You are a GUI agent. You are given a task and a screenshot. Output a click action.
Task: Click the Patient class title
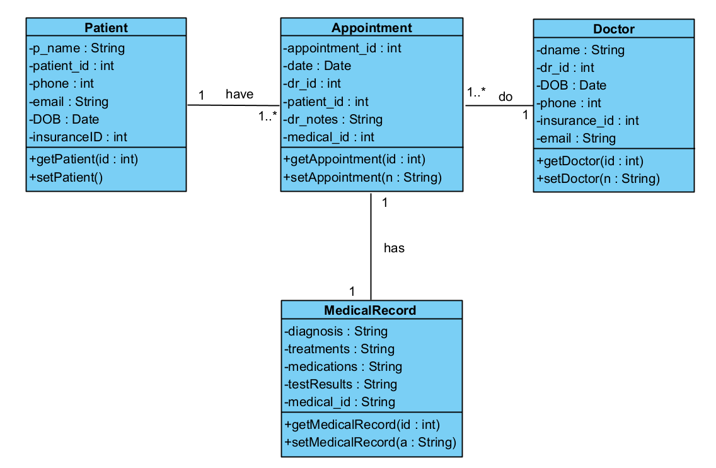tap(106, 27)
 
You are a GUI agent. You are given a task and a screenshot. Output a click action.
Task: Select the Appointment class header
tap(371, 27)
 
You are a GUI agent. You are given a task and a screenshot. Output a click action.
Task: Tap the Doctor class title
tap(613, 29)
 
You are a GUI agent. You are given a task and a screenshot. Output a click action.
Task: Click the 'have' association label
tap(240, 94)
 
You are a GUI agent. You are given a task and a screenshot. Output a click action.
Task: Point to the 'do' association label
tap(505, 97)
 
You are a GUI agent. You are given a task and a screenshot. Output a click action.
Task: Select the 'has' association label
tap(394, 248)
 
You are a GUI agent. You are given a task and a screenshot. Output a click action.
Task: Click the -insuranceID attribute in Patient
tap(78, 137)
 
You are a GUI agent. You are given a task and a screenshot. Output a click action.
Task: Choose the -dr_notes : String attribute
tap(333, 119)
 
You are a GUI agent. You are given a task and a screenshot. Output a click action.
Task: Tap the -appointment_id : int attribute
tap(342, 48)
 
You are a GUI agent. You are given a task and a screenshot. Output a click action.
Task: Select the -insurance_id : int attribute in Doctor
tap(587, 120)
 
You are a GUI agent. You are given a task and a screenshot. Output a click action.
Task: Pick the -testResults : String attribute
tap(340, 384)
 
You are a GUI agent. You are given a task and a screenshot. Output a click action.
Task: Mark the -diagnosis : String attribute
tap(336, 331)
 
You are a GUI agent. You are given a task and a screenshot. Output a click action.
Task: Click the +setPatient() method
tap(66, 177)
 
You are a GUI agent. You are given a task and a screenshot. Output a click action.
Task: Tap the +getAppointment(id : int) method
tap(354, 160)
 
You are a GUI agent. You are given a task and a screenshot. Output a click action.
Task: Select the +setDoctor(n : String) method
tap(598, 178)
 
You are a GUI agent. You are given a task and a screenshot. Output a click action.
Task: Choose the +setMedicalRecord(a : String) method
tap(370, 442)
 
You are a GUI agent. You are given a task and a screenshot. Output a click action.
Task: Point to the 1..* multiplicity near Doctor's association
tap(476, 92)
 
